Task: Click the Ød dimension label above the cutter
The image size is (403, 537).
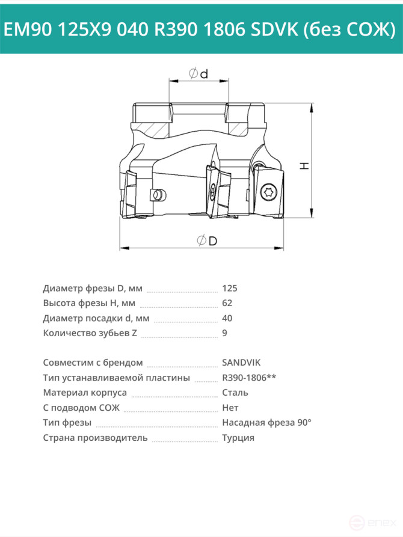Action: tap(198, 73)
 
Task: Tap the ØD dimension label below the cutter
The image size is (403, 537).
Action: tap(207, 241)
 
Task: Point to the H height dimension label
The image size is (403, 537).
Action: tap(304, 166)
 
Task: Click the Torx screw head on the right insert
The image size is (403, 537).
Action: tap(267, 192)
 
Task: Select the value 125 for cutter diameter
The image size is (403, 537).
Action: tap(230, 289)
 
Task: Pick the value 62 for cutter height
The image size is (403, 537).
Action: tap(227, 303)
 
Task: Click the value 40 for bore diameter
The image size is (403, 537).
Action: tap(227, 318)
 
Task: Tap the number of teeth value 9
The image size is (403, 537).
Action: tap(224, 333)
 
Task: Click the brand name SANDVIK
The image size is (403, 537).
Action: tap(241, 363)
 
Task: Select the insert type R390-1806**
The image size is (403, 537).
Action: tap(249, 378)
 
